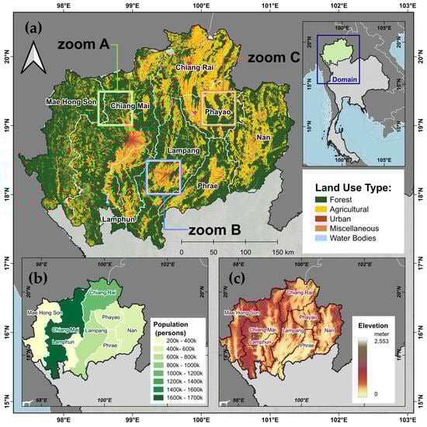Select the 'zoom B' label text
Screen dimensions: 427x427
(207, 229)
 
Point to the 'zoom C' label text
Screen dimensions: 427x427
(273, 56)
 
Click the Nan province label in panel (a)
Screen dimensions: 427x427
(264, 138)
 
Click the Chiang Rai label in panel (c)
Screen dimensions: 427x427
(300, 293)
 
